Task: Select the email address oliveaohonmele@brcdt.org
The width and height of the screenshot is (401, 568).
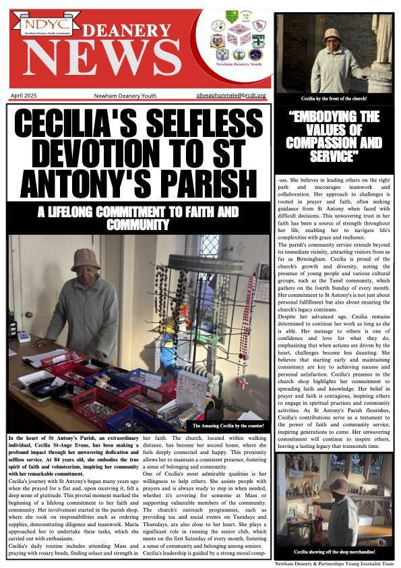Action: [231, 96]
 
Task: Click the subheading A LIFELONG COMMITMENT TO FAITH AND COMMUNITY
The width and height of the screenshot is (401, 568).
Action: [138, 218]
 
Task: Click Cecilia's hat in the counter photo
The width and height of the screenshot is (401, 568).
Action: [85, 259]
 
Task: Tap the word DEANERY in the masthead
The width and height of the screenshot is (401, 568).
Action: [138, 30]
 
